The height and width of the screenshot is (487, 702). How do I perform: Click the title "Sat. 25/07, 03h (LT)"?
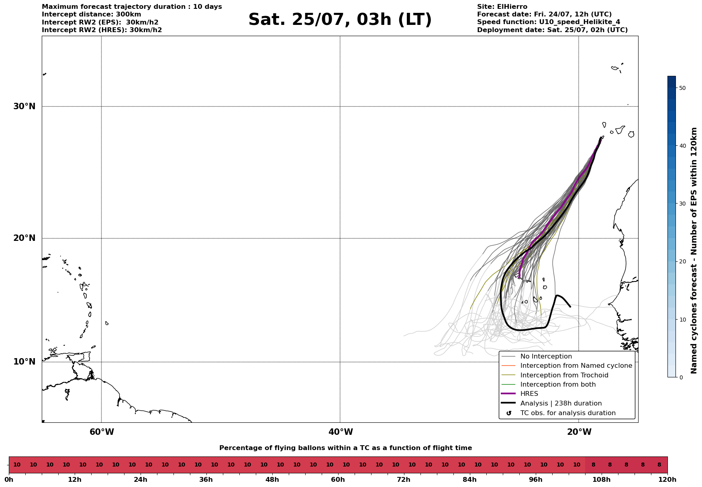pyautogui.click(x=340, y=20)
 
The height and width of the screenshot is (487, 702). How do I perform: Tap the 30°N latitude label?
pyautogui.click(x=24, y=106)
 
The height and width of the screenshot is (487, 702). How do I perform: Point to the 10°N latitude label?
pyautogui.click(x=24, y=362)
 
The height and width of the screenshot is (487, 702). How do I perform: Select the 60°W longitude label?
pyautogui.click(x=102, y=432)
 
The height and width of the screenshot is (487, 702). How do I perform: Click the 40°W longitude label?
pyautogui.click(x=341, y=432)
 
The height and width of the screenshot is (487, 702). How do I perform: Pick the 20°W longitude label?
pyautogui.click(x=579, y=432)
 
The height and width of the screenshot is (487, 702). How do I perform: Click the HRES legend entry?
pyautogui.click(x=529, y=394)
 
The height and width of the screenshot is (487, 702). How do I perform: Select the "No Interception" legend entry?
pyautogui.click(x=546, y=357)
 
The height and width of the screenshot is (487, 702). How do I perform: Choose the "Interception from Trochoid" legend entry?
pyautogui.click(x=564, y=375)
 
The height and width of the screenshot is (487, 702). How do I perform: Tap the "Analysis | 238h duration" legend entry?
pyautogui.click(x=561, y=403)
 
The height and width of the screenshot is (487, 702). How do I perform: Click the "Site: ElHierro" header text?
pyautogui.click(x=502, y=7)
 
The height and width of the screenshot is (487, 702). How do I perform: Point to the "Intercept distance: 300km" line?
pyautogui.click(x=92, y=14)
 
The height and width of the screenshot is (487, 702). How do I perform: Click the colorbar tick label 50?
pyautogui.click(x=682, y=88)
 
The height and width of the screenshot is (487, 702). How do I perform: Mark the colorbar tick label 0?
pyautogui.click(x=681, y=377)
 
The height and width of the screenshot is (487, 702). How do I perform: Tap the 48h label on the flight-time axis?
pyautogui.click(x=272, y=479)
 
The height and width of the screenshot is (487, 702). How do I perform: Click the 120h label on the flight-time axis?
pyautogui.click(x=667, y=479)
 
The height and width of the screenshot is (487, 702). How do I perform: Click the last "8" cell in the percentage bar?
pyautogui.click(x=659, y=465)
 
